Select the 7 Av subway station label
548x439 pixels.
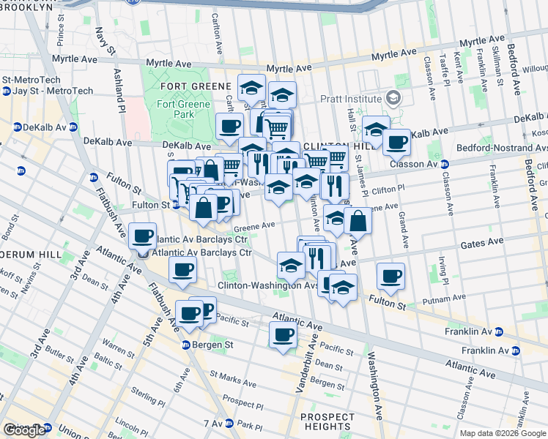pyautogui.click(x=212, y=423)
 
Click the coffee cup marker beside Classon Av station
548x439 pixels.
pyautogui.click(x=396, y=142)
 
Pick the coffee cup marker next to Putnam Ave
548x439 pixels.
pyautogui.click(x=391, y=276)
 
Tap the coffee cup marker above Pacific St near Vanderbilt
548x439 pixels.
pyautogui.click(x=283, y=335)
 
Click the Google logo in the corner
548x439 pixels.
pyautogui.click(x=24, y=430)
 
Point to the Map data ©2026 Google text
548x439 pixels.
pyautogui.click(x=502, y=433)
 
